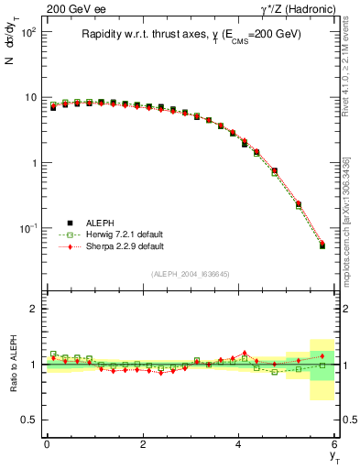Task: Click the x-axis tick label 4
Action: [239, 443]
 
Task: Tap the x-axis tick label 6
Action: [335, 443]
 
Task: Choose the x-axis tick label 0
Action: [47, 443]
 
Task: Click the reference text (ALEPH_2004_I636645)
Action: [191, 275]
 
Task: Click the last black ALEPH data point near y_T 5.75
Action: [322, 245]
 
